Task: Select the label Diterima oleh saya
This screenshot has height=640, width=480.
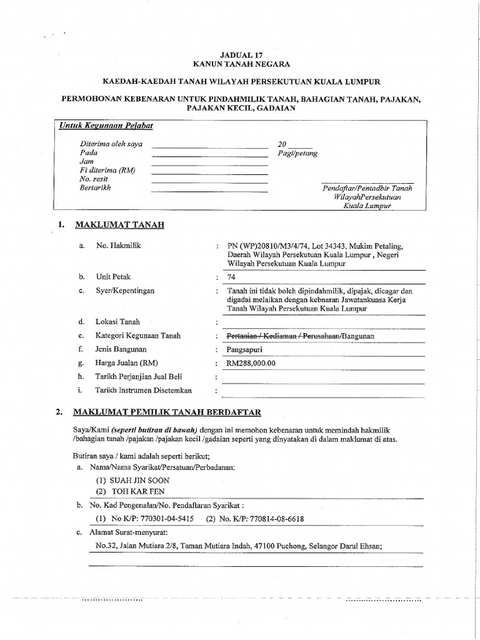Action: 107,144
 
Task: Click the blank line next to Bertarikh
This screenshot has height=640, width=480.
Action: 209,191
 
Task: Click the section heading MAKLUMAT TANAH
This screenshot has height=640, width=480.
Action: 119,224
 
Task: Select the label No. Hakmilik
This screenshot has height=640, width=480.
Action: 118,246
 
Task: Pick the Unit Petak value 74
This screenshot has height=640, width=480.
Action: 231,277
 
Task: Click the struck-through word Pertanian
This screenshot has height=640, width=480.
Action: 243,336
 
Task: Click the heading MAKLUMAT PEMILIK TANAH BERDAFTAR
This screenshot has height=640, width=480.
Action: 167,412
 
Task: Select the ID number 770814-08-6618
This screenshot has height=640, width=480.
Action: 274,519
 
